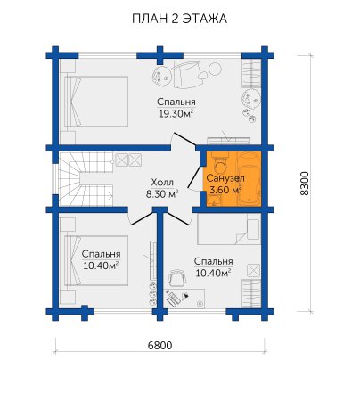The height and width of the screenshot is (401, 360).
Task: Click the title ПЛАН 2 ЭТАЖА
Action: pos(179,19)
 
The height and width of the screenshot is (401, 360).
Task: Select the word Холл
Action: pos(162,182)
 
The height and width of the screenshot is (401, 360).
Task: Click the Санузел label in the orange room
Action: pos(225,178)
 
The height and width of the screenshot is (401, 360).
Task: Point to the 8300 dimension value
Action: pos(305,184)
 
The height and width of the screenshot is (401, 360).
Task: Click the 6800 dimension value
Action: pos(160,346)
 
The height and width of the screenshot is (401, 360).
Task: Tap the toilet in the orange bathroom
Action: pos(220,164)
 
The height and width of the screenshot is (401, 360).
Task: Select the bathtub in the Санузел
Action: pos(250,178)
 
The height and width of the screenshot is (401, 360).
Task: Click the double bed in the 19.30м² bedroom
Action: pos(96,102)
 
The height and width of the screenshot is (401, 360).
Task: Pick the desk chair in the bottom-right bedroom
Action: pos(177,278)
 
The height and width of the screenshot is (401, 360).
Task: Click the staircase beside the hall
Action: pos(86,179)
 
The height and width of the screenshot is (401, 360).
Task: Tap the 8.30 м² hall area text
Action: pos(162,194)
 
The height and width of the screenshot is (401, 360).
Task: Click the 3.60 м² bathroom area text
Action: pos(225,190)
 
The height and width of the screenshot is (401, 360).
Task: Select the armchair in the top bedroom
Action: pos(184,74)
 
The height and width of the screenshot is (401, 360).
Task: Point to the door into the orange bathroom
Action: pos(194,178)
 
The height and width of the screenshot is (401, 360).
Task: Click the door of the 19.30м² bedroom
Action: pos(184,139)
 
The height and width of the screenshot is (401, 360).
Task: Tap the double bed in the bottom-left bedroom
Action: pos(96,261)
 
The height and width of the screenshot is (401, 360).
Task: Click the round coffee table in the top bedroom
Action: pos(215,70)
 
